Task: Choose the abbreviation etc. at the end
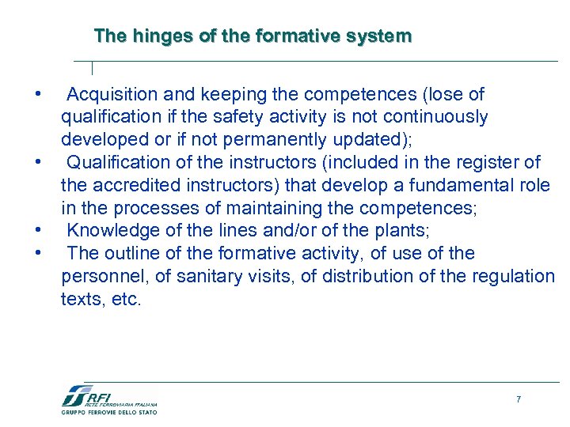click(x=126, y=300)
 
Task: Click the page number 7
click(x=519, y=399)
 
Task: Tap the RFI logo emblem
click(x=76, y=395)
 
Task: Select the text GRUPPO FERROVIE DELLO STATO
click(x=109, y=412)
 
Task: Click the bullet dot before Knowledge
click(x=37, y=232)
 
